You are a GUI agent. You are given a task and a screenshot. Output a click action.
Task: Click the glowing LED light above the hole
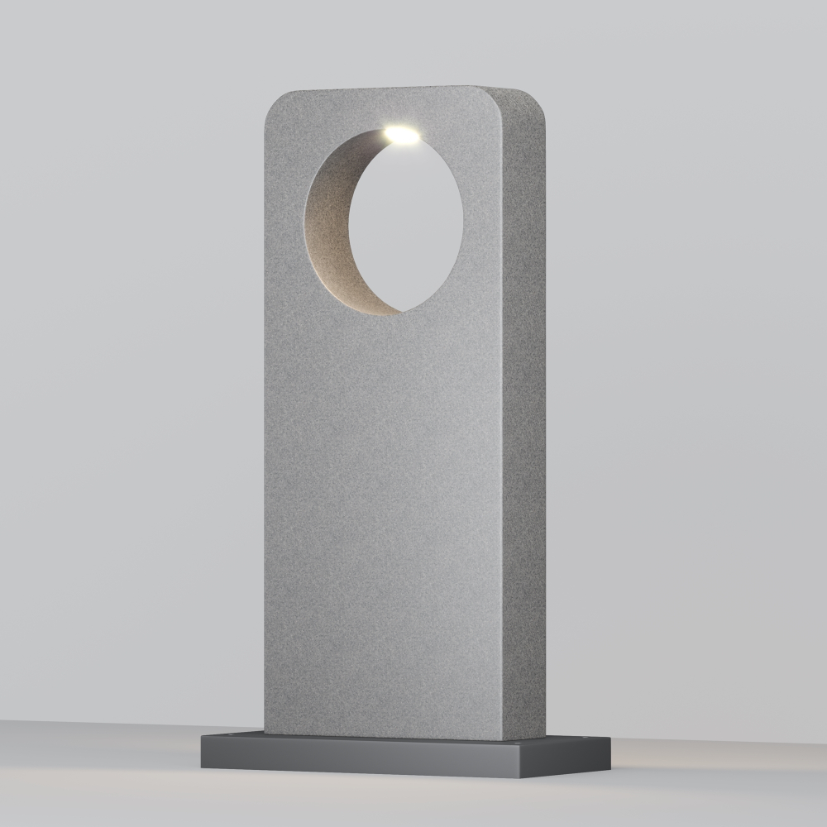[x=402, y=132]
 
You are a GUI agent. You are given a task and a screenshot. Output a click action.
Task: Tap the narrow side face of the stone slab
[x=524, y=413]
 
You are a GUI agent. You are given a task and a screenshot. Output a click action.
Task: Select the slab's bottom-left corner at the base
[x=265, y=731]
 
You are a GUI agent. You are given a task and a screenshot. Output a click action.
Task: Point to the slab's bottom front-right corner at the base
[x=503, y=739]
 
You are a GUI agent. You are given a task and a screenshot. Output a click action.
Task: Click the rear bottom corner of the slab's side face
[x=545, y=734]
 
